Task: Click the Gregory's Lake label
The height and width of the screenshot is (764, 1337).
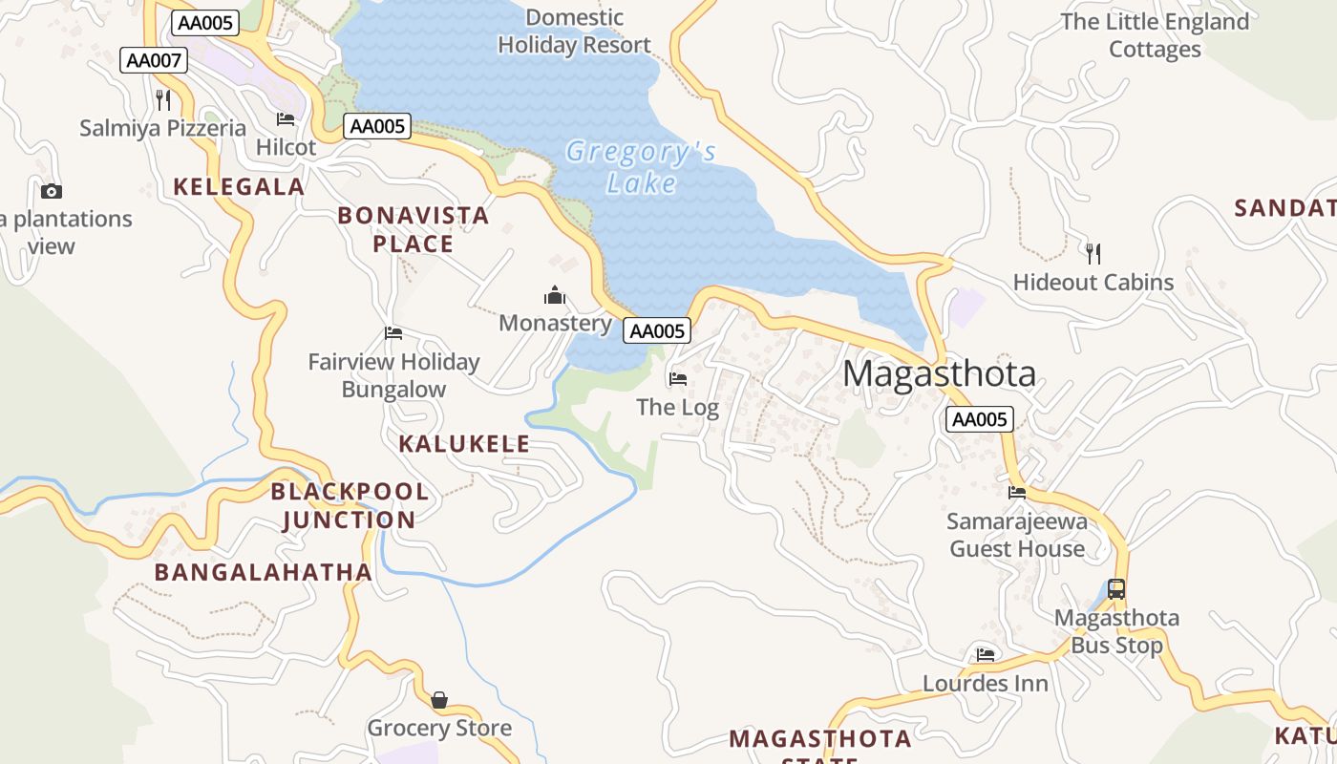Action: point(641,167)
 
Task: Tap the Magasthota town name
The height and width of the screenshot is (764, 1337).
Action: point(939,373)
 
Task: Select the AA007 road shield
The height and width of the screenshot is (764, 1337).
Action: point(154,61)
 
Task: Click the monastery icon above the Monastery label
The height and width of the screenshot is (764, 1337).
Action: point(555,296)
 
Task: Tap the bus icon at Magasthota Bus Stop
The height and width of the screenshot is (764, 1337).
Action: point(1115,589)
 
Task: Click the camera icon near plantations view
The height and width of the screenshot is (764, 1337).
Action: point(52,191)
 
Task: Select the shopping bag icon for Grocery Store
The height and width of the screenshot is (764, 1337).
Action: point(439,701)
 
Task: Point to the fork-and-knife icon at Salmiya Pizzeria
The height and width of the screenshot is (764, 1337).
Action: point(163,100)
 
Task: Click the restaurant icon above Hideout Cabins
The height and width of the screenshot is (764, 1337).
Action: point(1093,254)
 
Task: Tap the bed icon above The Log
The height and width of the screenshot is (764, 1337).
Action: point(678,379)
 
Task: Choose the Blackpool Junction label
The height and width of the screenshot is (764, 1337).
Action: point(350,506)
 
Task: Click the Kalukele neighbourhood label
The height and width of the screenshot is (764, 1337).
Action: point(464,444)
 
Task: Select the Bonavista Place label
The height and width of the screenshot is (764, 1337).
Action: point(413,230)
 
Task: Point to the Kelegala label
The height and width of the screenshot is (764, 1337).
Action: point(239,187)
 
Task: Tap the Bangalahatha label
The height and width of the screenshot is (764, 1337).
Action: point(264,573)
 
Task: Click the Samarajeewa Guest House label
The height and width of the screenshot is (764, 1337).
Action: point(1017,536)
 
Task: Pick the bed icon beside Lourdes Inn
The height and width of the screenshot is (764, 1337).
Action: point(986,655)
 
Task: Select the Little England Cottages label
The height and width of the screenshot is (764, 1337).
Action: point(1155,35)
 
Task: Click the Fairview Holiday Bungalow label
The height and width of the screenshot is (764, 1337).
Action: point(393,375)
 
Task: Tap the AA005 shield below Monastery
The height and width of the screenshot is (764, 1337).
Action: point(657,331)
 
